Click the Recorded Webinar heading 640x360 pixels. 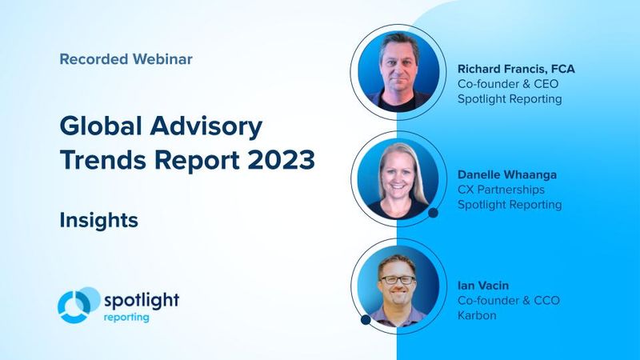point(126,58)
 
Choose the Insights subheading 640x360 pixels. point(98,220)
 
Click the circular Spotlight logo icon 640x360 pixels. point(78,306)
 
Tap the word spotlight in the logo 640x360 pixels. point(142,300)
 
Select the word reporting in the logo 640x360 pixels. point(126,317)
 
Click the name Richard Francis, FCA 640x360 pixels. point(515,69)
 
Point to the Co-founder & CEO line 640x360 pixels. point(505,83)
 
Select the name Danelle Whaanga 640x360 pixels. point(507,174)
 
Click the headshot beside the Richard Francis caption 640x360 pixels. point(398,70)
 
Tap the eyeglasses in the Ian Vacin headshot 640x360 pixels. point(398,280)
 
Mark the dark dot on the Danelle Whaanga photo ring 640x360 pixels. point(434,213)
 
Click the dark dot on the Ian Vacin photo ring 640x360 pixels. point(366,319)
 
